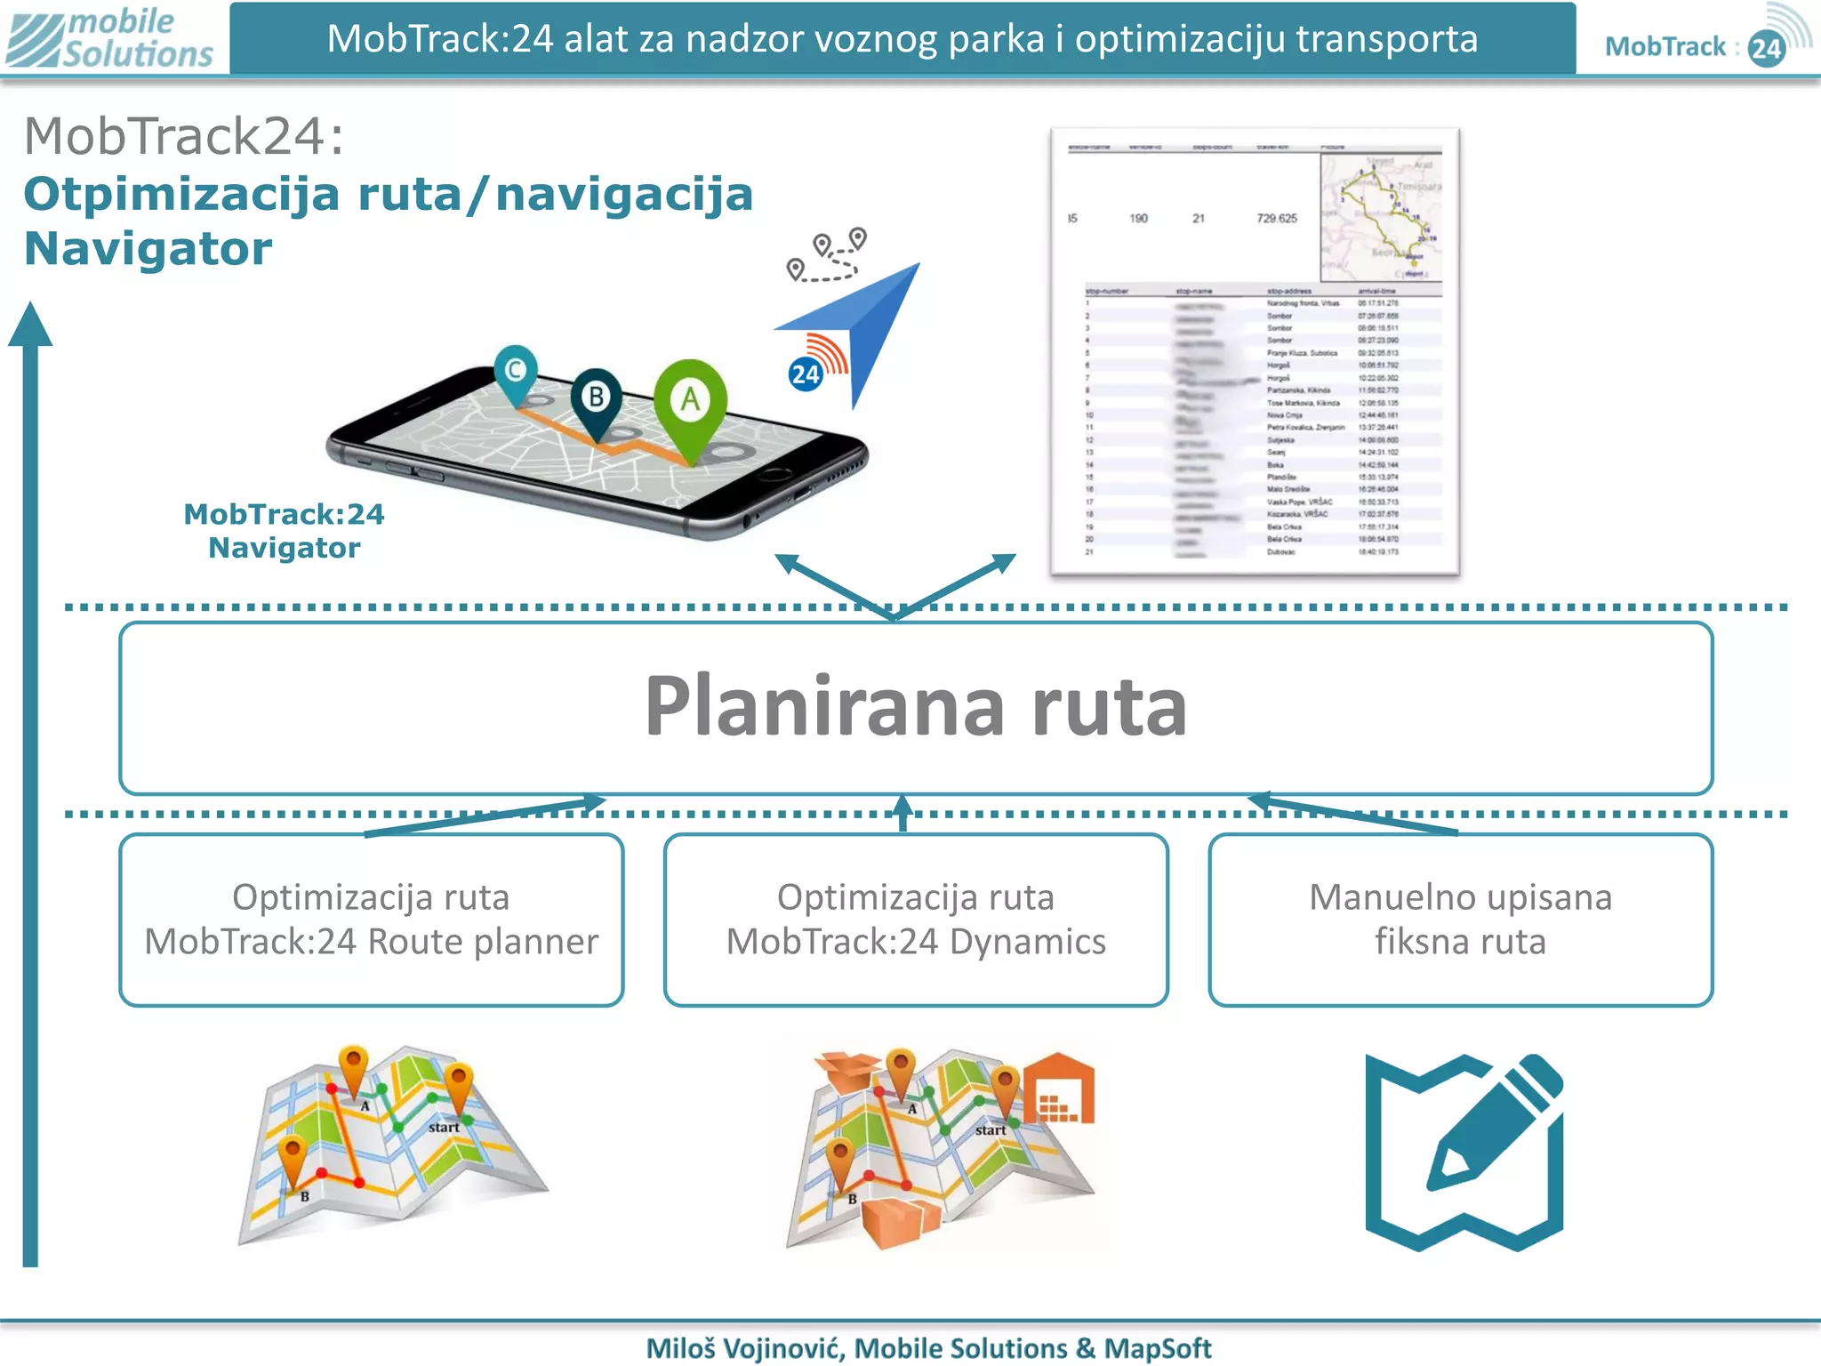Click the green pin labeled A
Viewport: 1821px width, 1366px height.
click(690, 400)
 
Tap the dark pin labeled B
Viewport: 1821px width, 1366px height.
click(597, 397)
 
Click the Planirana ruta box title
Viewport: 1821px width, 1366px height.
click(915, 706)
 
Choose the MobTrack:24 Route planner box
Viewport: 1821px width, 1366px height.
click(372, 920)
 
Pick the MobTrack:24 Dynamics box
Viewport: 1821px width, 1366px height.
click(916, 920)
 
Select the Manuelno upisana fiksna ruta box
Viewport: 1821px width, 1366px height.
click(1460, 920)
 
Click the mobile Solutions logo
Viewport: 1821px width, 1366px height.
click(111, 37)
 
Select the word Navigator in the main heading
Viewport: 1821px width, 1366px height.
click(148, 249)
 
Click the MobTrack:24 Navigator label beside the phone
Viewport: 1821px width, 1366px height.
click(284, 531)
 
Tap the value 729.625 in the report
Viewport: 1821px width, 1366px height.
click(1276, 218)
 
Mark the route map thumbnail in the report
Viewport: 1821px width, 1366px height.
click(1380, 218)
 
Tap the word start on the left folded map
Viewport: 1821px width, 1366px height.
click(444, 1128)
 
